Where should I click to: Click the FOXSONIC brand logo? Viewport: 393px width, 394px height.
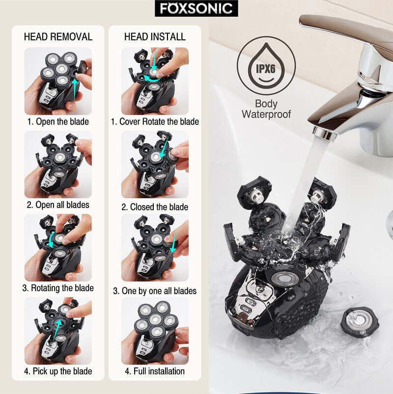tap(196, 9)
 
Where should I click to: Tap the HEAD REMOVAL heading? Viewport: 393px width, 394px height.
tap(58, 37)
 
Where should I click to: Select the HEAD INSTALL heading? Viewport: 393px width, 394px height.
tap(155, 37)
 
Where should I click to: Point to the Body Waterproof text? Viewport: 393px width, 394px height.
tap(266, 109)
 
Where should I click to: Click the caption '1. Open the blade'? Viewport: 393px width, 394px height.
tap(58, 121)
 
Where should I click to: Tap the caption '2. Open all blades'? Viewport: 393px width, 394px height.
tap(58, 205)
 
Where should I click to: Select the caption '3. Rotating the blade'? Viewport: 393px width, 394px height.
tap(58, 288)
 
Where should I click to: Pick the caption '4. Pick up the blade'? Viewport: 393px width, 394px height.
tap(58, 371)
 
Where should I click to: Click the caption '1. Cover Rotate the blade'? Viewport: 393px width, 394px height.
tap(155, 121)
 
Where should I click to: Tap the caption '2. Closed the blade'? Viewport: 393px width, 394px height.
tap(155, 207)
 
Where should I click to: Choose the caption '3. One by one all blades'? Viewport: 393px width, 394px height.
tap(155, 291)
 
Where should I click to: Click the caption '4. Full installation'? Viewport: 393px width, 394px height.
tap(155, 371)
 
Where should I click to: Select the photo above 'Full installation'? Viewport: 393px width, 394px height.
tap(155, 330)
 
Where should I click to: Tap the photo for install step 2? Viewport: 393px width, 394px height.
tap(155, 164)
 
